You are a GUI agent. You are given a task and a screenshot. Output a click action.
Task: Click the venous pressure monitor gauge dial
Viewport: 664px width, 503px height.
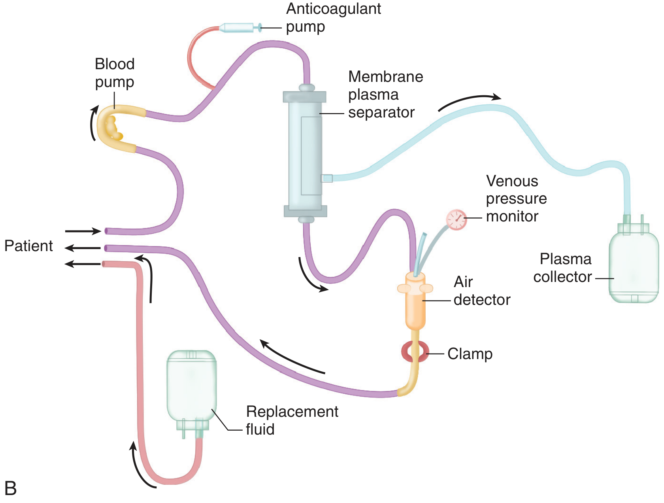456,219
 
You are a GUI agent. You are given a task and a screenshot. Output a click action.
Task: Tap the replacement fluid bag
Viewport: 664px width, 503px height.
192,388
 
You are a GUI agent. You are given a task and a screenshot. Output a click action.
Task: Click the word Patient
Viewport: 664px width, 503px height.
28,246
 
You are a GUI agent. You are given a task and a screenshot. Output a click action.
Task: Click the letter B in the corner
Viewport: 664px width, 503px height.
10,488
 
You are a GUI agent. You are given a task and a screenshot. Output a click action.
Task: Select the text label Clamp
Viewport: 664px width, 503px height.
470,354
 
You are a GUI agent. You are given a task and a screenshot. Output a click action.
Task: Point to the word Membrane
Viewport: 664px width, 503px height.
385,77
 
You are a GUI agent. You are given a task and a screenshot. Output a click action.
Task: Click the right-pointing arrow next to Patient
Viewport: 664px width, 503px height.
83,231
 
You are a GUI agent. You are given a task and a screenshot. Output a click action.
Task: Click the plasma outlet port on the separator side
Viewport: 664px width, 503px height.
327,178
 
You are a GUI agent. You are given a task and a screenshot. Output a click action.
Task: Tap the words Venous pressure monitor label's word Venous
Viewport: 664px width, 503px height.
512,181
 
